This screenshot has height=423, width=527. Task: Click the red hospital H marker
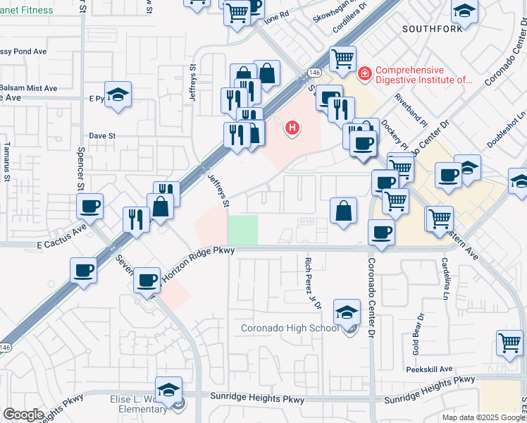(292, 128)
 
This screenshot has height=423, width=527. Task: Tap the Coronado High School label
(290, 328)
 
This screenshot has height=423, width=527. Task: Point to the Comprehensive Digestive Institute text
(422, 75)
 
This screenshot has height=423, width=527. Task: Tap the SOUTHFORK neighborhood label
(432, 29)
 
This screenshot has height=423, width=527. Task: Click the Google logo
(23, 415)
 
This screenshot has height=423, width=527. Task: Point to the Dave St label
(101, 135)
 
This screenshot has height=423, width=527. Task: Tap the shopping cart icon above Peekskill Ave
(509, 343)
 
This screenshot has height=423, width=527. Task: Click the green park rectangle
(242, 230)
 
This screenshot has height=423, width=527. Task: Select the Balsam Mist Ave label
(28, 88)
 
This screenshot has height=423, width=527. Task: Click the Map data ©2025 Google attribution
(483, 417)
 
